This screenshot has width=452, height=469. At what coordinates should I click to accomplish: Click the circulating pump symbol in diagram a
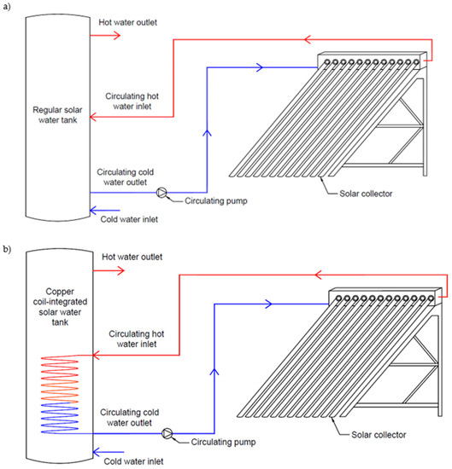pos(161,193)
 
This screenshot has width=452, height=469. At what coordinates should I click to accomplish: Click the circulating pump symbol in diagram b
pos(167,433)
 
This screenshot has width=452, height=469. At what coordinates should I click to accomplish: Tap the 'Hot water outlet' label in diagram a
pos(128,22)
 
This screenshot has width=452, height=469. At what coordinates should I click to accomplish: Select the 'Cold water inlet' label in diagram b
pos(133,461)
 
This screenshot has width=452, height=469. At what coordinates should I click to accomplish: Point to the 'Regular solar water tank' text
pos(57,115)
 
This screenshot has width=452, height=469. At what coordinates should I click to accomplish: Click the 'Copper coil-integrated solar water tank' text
pos(60,307)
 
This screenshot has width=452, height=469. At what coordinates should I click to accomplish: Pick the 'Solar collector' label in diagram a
pos(366,194)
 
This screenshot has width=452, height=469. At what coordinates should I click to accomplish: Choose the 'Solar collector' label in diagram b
pos(379,435)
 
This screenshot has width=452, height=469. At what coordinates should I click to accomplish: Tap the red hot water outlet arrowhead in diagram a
pos(117,36)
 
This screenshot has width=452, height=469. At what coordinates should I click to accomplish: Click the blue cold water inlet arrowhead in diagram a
pos(94,211)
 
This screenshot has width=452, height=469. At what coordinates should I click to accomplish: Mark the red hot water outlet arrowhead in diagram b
pos(120,270)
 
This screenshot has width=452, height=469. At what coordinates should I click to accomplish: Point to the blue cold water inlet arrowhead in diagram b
pos(97,452)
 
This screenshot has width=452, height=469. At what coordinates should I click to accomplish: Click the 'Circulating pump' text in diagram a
pos(216,200)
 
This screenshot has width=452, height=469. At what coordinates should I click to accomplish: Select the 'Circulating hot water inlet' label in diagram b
pos(137,339)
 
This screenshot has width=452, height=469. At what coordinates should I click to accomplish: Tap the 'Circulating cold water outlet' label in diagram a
pos(126,177)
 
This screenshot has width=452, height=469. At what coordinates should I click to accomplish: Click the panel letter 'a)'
pos(7,7)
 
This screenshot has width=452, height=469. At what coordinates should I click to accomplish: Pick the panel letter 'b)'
pos(7,249)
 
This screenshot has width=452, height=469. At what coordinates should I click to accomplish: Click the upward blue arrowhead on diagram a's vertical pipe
pos(207,133)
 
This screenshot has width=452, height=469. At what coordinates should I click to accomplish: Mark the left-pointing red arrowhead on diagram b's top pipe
pos(319,275)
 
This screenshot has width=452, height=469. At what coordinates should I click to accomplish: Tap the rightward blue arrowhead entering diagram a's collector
pos(260,67)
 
